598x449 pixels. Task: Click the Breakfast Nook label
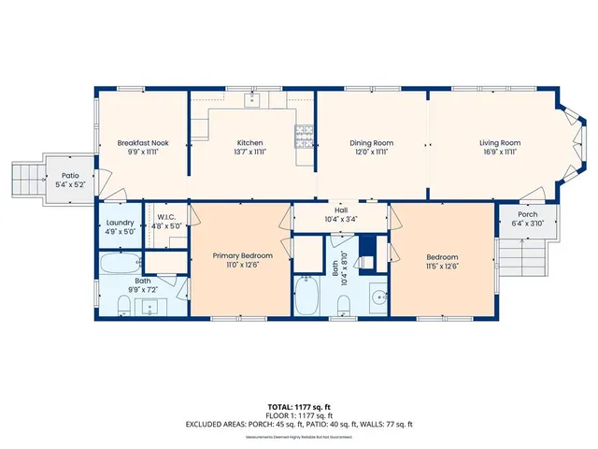click(x=141, y=142)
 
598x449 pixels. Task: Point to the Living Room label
click(x=500, y=142)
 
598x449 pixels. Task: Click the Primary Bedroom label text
click(x=242, y=255)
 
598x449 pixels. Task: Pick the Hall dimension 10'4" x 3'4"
click(x=340, y=219)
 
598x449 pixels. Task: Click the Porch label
click(x=528, y=213)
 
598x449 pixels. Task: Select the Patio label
click(x=71, y=175)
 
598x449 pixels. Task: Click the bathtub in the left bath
click(x=120, y=262)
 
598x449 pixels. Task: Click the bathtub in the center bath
click(x=306, y=297)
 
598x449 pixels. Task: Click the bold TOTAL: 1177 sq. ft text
click(x=299, y=407)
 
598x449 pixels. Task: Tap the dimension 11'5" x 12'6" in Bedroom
click(x=442, y=265)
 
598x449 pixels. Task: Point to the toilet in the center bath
click(x=343, y=303)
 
